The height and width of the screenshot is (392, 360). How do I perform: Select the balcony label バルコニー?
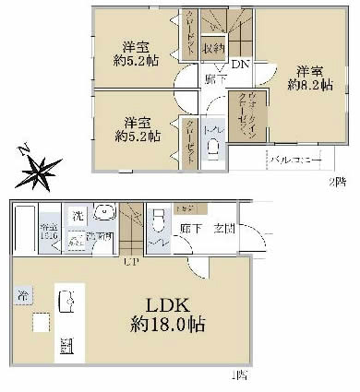[295, 160]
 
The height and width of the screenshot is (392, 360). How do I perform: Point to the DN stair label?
[238, 65]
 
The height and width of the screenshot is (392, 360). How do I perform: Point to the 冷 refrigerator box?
[21, 296]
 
